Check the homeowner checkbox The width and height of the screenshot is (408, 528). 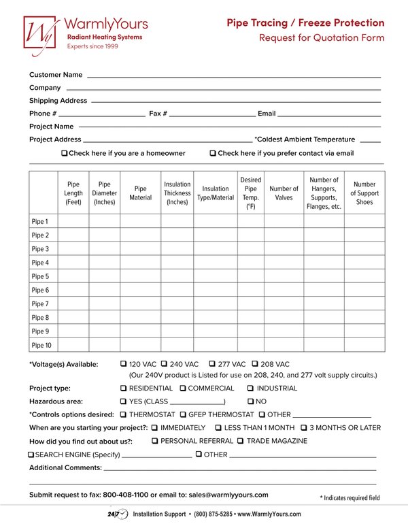click(65, 154)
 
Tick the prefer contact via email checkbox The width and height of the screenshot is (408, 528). click(213, 154)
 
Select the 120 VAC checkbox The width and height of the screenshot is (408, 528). click(123, 364)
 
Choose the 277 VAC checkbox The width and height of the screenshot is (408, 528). click(212, 364)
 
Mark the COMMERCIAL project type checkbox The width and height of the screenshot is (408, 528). click(183, 389)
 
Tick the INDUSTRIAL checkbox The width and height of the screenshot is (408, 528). click(250, 389)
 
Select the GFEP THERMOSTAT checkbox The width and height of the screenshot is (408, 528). click(183, 414)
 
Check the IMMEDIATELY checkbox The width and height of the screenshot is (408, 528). click(154, 428)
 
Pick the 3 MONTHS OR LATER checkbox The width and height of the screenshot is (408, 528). click(303, 428)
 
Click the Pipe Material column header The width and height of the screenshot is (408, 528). click(141, 193)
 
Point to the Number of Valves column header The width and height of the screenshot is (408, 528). click(284, 193)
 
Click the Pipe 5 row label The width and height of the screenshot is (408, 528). click(40, 276)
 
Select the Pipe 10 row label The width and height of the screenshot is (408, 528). click(41, 345)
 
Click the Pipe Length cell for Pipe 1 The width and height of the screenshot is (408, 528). click(73, 221)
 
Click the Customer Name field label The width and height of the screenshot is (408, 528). click(56, 75)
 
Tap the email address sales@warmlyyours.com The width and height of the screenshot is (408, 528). click(228, 495)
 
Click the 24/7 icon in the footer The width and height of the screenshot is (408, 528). click(118, 514)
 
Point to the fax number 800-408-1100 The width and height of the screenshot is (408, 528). click(126, 495)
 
